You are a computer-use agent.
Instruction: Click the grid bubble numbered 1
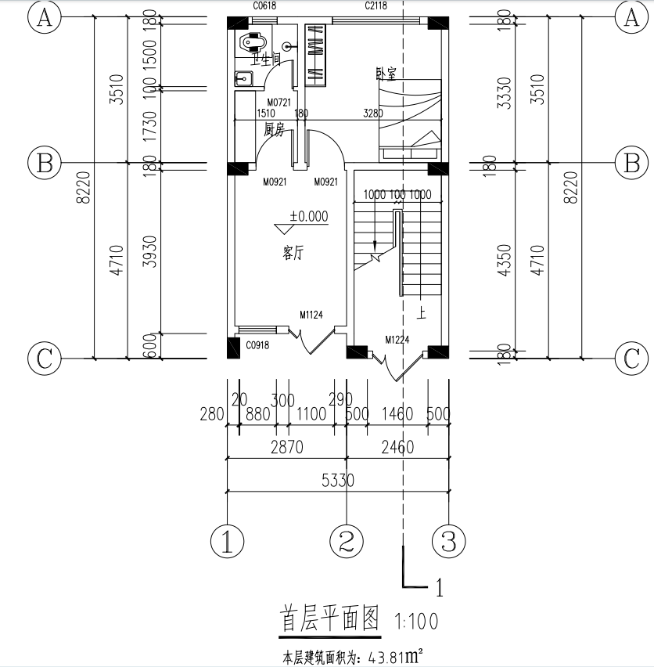[x=228, y=540]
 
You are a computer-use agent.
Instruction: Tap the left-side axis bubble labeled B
[x=45, y=164]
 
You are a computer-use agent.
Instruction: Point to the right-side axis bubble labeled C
[x=631, y=359]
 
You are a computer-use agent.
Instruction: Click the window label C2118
[x=379, y=6]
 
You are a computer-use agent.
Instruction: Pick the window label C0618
[x=264, y=6]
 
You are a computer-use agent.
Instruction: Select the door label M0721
[x=278, y=103]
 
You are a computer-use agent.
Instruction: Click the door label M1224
[x=398, y=339]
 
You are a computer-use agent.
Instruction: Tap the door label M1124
[x=311, y=315]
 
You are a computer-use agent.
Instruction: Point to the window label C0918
[x=258, y=345]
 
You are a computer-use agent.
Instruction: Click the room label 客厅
[x=293, y=253]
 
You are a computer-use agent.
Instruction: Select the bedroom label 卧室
[x=386, y=74]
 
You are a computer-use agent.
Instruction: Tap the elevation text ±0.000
[x=309, y=217]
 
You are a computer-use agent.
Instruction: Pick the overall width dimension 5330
[x=337, y=481]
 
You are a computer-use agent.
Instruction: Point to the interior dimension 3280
[x=373, y=114]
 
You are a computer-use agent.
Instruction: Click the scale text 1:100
[x=416, y=622]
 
